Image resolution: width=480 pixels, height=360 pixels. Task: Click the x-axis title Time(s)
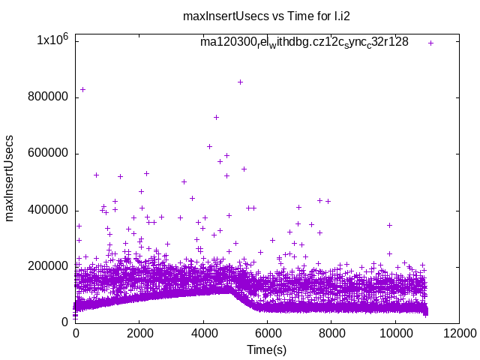[267, 349]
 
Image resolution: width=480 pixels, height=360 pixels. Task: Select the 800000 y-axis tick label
[47, 97]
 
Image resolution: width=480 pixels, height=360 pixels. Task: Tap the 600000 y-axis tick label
[47, 153]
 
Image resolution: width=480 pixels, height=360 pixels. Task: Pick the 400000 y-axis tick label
[47, 209]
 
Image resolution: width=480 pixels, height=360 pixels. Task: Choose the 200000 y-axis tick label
[47, 265]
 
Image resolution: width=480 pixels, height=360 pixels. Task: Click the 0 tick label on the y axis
[66, 322]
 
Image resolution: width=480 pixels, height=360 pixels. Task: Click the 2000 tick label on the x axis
[139, 334]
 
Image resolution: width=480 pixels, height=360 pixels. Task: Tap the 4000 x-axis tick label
[204, 334]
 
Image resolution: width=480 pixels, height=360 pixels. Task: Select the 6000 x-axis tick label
[268, 334]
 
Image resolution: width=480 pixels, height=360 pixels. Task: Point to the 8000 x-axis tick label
[331, 334]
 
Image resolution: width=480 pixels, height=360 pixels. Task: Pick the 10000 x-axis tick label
[395, 334]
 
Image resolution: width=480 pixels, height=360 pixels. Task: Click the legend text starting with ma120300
[304, 42]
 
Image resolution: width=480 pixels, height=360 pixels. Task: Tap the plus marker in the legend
[431, 43]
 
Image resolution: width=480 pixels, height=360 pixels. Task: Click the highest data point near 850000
[240, 82]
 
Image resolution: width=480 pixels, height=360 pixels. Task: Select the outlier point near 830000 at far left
[82, 89]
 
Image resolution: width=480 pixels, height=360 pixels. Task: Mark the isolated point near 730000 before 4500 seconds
[216, 117]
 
